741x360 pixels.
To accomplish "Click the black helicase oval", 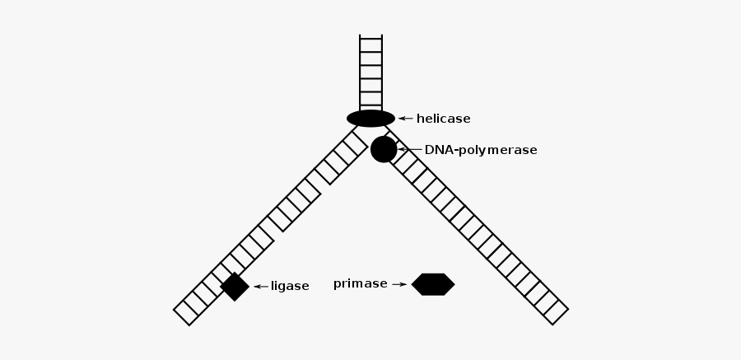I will [370, 119].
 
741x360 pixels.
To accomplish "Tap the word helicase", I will [443, 119].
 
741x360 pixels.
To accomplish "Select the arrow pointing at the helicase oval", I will [405, 119].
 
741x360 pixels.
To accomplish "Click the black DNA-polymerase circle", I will [384, 149].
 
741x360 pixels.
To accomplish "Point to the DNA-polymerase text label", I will [481, 150].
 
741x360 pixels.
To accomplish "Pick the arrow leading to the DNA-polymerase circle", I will [409, 149].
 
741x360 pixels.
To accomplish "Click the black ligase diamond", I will [235, 286].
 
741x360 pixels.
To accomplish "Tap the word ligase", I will [290, 287].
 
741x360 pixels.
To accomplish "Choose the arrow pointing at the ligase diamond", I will [261, 287].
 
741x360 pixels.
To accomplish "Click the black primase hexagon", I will [433, 284].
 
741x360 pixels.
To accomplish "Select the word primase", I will [360, 284].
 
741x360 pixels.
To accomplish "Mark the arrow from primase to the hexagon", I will [398, 284].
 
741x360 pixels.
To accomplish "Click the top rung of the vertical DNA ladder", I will [370, 39].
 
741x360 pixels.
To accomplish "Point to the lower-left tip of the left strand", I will [182, 316].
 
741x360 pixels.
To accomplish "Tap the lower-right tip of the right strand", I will [560, 316].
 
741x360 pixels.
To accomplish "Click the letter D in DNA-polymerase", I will [429, 150].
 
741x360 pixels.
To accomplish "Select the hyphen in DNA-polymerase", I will [457, 151].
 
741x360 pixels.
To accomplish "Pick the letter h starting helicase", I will [420, 119].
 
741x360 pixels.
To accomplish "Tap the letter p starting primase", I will [337, 285].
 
